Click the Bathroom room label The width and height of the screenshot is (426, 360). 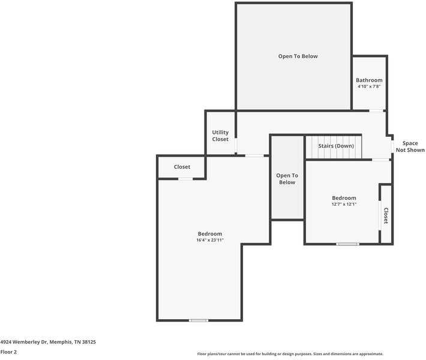coord(368,80)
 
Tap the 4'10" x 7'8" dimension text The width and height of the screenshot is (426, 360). coord(368,87)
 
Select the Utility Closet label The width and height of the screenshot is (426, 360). coord(220,136)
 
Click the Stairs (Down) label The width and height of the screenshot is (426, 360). coord(336,146)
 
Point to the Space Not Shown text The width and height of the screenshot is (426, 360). coord(410,146)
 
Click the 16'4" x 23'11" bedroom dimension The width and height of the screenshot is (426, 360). coord(210,240)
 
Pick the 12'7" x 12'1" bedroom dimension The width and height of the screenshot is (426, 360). coord(344,204)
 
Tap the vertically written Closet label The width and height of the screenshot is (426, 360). coord(386,215)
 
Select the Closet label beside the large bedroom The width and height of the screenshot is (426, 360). coord(182,167)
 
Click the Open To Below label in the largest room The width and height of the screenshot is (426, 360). coord(298,56)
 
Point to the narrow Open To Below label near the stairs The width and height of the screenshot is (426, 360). coord(287,179)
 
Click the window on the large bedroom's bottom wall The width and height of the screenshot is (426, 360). coord(199,320)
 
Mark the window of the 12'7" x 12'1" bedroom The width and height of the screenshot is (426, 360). coord(347,244)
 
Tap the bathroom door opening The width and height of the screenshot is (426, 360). coord(376,110)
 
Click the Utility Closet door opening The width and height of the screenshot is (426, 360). coord(236,146)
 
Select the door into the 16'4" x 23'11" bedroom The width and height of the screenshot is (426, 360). coord(254,156)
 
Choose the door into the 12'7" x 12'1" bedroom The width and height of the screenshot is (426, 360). coord(380,160)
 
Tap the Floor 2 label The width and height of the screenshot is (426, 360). coord(8,352)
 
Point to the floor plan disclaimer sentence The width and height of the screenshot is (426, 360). coord(290,353)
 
